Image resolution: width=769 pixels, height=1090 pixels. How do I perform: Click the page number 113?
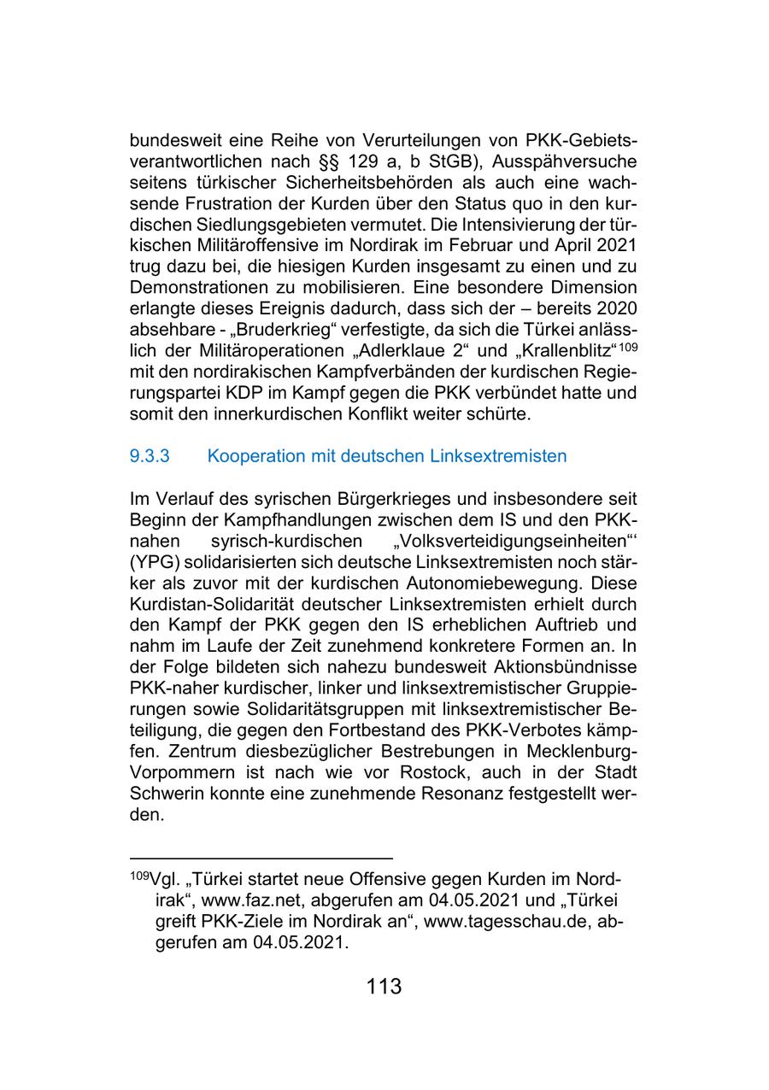pos(384,987)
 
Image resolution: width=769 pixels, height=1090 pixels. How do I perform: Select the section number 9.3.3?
pos(150,456)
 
